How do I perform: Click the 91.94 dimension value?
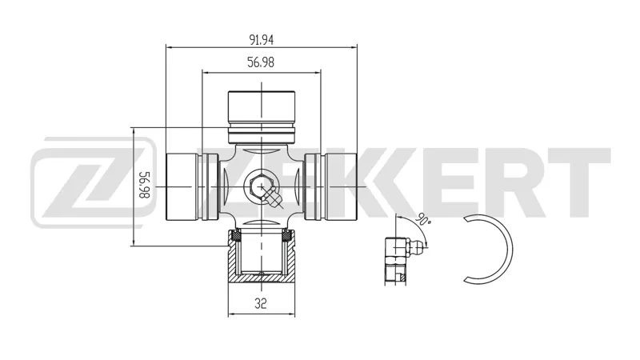pyautogui.click(x=262, y=39)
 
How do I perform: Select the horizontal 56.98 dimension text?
pyautogui.click(x=261, y=62)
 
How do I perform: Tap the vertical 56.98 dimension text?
pyautogui.click(x=145, y=185)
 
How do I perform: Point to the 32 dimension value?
pyautogui.click(x=261, y=303)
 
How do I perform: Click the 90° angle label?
pyautogui.click(x=423, y=220)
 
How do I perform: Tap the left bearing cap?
pyautogui.click(x=191, y=186)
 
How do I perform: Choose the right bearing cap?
pyautogui.click(x=330, y=186)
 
